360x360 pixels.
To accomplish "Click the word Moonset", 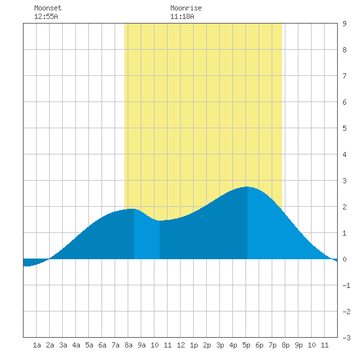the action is [x=48, y=8].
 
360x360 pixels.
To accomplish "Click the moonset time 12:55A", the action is [x=46, y=16].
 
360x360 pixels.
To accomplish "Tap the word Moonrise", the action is [x=186, y=8].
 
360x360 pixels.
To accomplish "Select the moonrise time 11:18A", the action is [x=182, y=16].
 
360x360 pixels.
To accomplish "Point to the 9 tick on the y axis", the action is [x=344, y=24].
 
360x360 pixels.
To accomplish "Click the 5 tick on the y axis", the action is [x=344, y=128].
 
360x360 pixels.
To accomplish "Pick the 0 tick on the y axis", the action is [x=344, y=259].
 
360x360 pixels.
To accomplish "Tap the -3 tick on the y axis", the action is [x=346, y=338].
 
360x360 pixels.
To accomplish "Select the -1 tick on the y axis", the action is [x=346, y=285].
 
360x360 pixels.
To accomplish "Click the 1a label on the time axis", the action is [x=37, y=345].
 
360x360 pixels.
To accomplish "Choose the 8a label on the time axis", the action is [x=128, y=345].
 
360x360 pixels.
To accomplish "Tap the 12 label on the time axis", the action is [x=181, y=345].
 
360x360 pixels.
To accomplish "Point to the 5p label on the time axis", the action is [x=246, y=345].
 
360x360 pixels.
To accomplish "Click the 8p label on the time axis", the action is [x=285, y=345].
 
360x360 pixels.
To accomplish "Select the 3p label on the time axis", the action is [x=220, y=345].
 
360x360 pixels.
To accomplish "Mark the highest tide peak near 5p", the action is [x=247, y=187].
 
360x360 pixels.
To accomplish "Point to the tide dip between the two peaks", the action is [x=160, y=221].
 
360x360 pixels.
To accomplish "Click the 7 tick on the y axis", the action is [x=344, y=76].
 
